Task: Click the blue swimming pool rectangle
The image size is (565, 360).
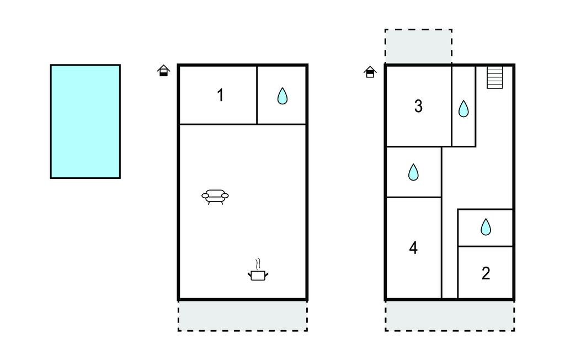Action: [86, 121]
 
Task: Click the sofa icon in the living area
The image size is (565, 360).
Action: [215, 197]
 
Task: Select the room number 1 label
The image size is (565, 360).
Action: [221, 95]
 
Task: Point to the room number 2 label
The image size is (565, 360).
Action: [486, 273]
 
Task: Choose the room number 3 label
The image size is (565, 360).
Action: [418, 106]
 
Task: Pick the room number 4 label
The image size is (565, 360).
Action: [414, 248]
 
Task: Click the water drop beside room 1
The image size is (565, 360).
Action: [282, 96]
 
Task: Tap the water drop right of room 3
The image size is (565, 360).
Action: [463, 109]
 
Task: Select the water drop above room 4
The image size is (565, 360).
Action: [413, 172]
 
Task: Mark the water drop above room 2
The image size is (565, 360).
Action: [486, 227]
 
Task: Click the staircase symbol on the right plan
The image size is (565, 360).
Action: [495, 77]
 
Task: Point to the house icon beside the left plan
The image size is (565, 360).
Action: [163, 71]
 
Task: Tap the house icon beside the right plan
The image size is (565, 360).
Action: [370, 72]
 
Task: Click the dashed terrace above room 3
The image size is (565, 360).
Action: [418, 46]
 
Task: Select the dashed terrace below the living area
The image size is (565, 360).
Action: [243, 315]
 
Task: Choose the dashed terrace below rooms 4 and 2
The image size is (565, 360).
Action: [450, 315]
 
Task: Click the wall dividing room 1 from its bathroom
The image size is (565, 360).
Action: [257, 95]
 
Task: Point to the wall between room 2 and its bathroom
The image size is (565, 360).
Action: [485, 247]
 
